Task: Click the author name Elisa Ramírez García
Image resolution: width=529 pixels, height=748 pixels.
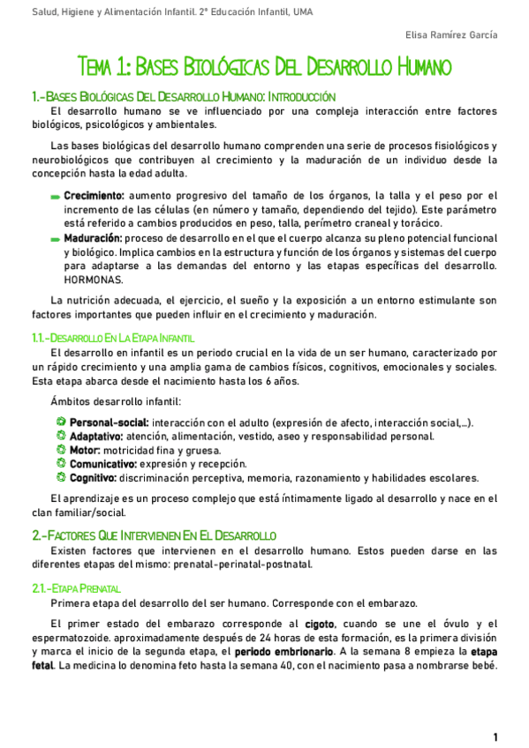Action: point(450,35)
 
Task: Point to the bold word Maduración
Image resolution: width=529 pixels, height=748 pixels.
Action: point(92,238)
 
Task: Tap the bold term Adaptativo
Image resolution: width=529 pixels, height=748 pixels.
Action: point(96,437)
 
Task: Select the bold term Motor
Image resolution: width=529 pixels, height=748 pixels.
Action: point(86,450)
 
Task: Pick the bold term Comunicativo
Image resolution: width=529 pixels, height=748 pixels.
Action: point(102,464)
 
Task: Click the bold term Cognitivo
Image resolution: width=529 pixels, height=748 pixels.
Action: point(93,478)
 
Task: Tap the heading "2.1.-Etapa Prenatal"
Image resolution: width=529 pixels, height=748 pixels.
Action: point(77,587)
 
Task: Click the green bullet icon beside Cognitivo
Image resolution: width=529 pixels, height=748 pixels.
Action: point(61,478)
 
